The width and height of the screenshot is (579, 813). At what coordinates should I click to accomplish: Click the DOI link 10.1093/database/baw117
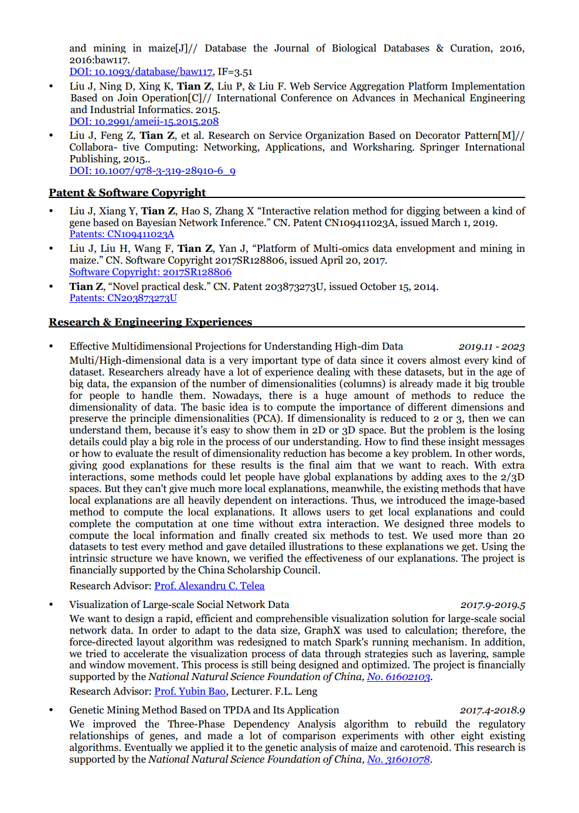[141, 72]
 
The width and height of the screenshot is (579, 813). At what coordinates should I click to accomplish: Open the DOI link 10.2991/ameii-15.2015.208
[144, 122]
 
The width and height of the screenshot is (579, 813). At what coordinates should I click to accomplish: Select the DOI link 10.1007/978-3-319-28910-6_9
[152, 171]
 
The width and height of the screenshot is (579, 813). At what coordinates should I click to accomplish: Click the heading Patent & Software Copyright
[127, 193]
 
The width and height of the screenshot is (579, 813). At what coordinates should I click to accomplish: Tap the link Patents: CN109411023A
[121, 234]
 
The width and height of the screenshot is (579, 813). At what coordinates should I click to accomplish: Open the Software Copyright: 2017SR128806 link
[150, 272]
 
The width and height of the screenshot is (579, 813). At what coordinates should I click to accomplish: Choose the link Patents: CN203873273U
[123, 298]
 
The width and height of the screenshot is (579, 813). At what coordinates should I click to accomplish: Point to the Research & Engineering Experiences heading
[150, 322]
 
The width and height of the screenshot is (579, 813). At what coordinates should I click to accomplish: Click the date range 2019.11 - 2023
[491, 347]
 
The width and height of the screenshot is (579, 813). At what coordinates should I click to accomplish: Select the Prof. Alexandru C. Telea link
[209, 586]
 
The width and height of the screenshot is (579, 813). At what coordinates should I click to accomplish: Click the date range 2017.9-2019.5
[492, 605]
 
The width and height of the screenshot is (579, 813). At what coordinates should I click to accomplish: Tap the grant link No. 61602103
[399, 677]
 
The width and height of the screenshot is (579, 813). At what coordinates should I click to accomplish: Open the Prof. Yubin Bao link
[190, 692]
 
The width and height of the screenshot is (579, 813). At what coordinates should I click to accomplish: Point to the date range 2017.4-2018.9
[492, 710]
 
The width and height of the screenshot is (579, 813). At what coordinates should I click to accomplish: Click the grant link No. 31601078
[399, 760]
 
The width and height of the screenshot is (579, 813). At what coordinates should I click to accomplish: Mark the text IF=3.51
[235, 72]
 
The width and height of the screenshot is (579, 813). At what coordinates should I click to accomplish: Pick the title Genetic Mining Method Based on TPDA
[204, 710]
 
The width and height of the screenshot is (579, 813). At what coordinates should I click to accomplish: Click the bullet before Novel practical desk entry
[52, 287]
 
